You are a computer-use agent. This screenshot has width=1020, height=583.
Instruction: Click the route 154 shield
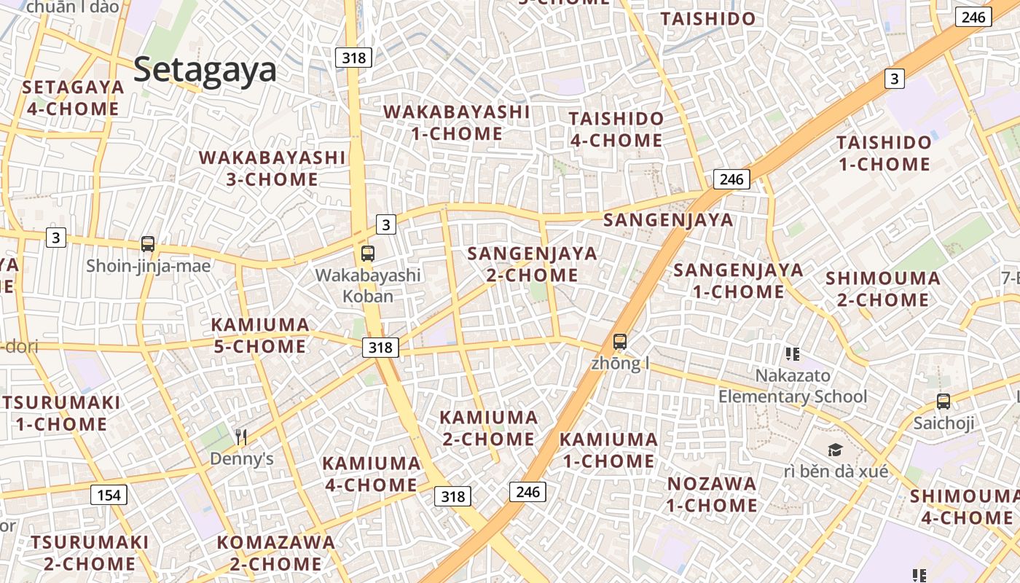pyautogui.click(x=109, y=496)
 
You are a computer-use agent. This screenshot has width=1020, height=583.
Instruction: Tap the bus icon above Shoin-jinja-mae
pyautogui.click(x=148, y=244)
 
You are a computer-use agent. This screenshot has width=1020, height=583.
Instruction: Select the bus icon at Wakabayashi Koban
pyautogui.click(x=368, y=254)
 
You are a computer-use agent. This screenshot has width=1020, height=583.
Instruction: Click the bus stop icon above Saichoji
pyautogui.click(x=943, y=401)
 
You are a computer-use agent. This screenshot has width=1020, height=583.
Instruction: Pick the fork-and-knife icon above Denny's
pyautogui.click(x=241, y=437)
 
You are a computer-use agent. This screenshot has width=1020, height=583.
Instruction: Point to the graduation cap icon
pyautogui.click(x=835, y=450)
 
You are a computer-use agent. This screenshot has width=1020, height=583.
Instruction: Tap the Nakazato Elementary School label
pyautogui.click(x=793, y=386)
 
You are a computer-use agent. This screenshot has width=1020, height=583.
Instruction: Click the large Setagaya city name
pyautogui.click(x=205, y=70)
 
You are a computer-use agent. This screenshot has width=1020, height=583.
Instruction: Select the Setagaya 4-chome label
pyautogui.click(x=73, y=98)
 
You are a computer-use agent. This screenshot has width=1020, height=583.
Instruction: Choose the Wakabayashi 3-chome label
pyautogui.click(x=272, y=168)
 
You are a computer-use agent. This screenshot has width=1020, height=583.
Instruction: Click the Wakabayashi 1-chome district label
pyautogui.click(x=457, y=122)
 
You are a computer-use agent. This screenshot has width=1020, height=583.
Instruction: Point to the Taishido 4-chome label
pyautogui.click(x=616, y=129)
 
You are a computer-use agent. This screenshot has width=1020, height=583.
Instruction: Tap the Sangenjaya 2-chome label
pyautogui.click(x=532, y=265)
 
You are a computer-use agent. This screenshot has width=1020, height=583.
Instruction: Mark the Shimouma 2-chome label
pyautogui.click(x=882, y=289)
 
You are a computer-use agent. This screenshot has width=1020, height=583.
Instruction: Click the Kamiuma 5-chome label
pyautogui.click(x=260, y=335)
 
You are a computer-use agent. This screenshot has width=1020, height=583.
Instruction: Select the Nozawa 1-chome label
pyautogui.click(x=712, y=494)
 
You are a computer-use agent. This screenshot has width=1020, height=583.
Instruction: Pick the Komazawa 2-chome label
pyautogui.click(x=276, y=553)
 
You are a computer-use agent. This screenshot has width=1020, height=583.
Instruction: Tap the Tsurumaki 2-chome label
pyautogui.click(x=90, y=553)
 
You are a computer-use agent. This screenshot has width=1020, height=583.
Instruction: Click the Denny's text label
pyautogui.click(x=241, y=459)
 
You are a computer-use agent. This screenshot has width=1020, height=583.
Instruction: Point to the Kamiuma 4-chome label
pyautogui.click(x=371, y=474)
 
